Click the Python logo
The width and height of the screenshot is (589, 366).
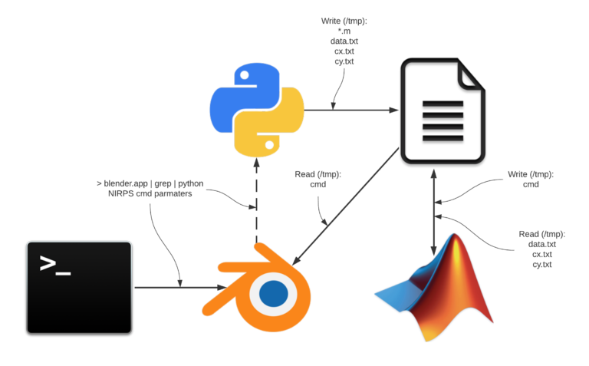click(256, 109)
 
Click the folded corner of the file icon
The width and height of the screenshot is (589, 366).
click(469, 77)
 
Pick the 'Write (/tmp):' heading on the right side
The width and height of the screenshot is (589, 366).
click(531, 175)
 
